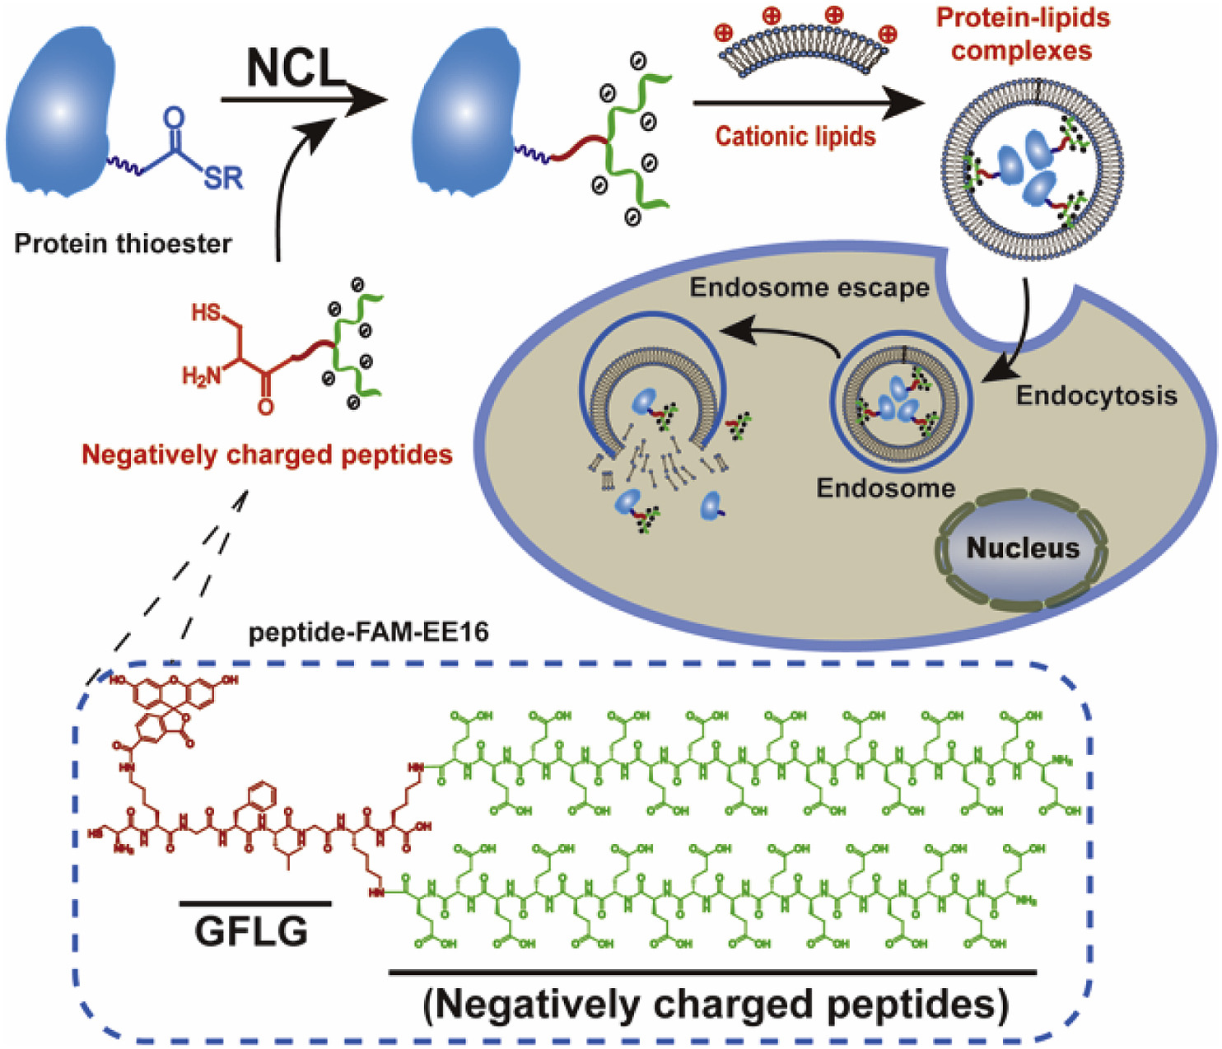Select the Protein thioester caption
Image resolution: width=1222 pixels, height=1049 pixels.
coord(124,244)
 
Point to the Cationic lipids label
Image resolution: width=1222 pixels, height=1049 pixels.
coord(795,136)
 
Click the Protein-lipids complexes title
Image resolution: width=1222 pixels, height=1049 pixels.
coord(1022,35)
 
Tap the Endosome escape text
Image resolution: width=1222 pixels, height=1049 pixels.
coord(809,287)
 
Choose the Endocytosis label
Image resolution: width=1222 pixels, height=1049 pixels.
coord(1096,395)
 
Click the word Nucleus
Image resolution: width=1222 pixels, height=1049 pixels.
coord(1022,548)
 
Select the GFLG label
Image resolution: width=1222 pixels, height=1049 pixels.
coord(251,931)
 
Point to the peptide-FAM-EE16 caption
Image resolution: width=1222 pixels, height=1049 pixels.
coord(368,632)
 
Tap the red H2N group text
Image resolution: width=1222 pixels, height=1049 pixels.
coord(202,376)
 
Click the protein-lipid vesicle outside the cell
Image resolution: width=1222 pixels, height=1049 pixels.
coord(1032,161)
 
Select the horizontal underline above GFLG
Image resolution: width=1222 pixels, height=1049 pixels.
coord(255,903)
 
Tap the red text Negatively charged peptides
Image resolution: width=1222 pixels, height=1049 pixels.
coord(267,455)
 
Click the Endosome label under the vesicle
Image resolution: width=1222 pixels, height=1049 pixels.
coord(885,488)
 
